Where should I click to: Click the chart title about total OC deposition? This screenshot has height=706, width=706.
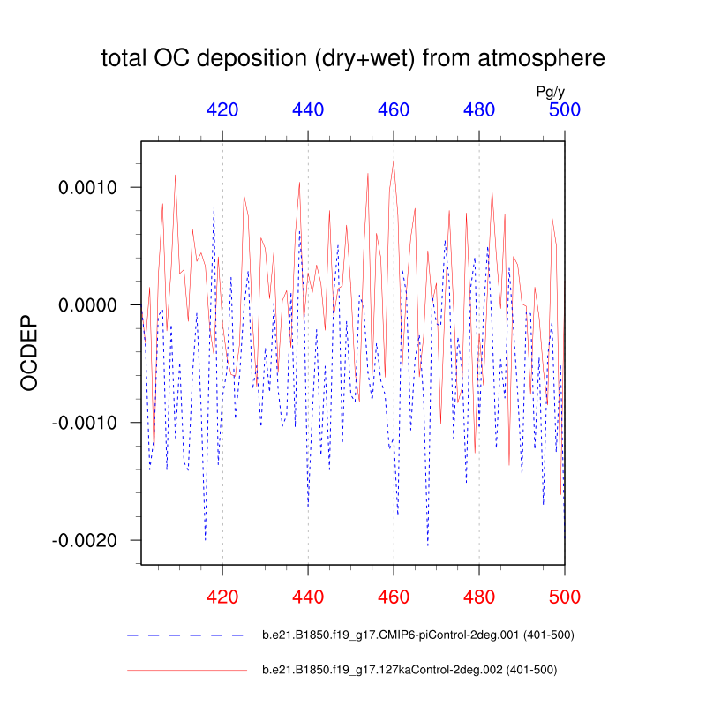click(x=353, y=59)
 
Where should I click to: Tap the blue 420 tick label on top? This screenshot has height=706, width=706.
click(x=222, y=110)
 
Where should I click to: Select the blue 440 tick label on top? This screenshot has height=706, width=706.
click(x=308, y=110)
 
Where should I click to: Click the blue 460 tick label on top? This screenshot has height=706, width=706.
click(x=394, y=110)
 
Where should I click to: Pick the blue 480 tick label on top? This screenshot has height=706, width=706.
click(x=479, y=110)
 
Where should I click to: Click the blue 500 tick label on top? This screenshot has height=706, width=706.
click(x=564, y=110)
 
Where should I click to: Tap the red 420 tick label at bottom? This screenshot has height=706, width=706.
click(x=222, y=597)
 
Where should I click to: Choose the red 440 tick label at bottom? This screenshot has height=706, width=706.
click(x=308, y=597)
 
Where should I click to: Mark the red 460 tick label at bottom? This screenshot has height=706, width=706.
click(x=394, y=597)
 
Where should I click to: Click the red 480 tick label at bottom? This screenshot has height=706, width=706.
click(x=479, y=597)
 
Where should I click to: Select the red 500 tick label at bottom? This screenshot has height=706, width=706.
click(x=564, y=597)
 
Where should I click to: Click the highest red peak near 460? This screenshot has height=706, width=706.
click(x=394, y=161)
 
